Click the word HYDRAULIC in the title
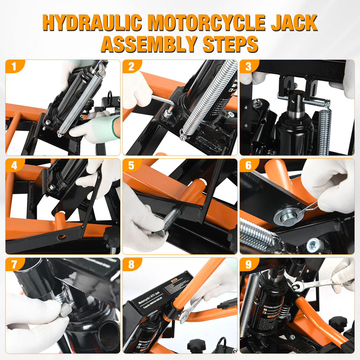(x=92, y=23)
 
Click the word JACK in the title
(x=294, y=23)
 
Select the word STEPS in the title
(x=230, y=44)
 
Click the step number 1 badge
(x=13, y=67)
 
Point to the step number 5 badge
(x=131, y=165)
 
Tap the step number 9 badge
(x=248, y=265)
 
